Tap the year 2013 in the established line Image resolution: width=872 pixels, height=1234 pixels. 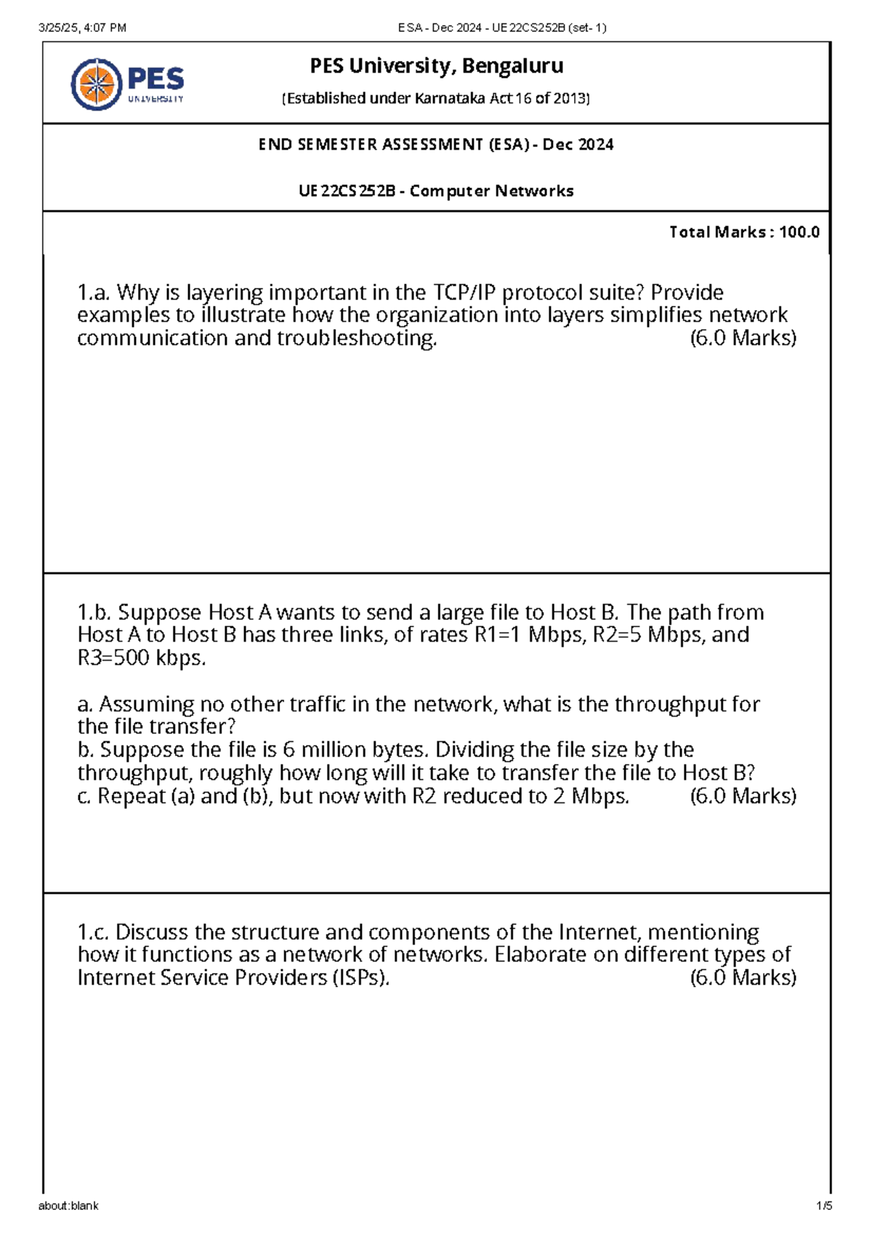pyautogui.click(x=570, y=99)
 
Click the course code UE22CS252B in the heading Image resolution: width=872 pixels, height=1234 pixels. pyautogui.click(x=347, y=191)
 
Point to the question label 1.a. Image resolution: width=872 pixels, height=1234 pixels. pyautogui.click(x=94, y=293)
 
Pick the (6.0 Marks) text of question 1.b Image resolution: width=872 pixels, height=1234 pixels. pyautogui.click(x=743, y=797)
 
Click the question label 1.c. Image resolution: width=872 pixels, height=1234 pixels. pyautogui.click(x=94, y=932)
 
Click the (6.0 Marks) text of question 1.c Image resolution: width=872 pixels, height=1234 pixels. pyautogui.click(x=743, y=978)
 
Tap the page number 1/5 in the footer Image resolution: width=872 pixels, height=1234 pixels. pyautogui.click(x=824, y=1206)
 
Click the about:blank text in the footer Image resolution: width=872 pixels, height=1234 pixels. pyautogui.click(x=68, y=1206)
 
